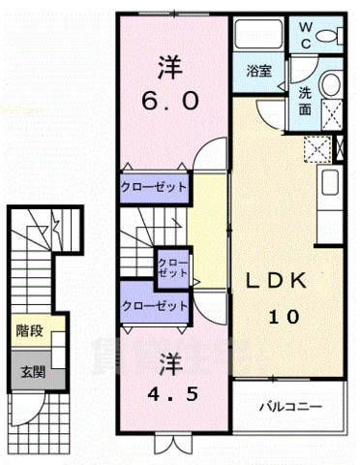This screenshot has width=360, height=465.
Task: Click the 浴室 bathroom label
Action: pyautogui.click(x=257, y=71)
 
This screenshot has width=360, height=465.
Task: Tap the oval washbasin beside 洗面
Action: pyautogui.click(x=331, y=85)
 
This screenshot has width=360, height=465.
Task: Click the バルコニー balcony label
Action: pyautogui.click(x=288, y=406)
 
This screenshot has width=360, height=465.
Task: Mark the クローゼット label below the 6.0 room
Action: pyautogui.click(x=155, y=187)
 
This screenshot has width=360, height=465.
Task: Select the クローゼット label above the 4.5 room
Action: pyautogui.click(x=155, y=305)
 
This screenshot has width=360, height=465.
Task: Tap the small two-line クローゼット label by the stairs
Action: pyautogui.click(x=174, y=268)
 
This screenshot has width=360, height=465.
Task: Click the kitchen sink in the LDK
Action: pyautogui.click(x=328, y=183)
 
